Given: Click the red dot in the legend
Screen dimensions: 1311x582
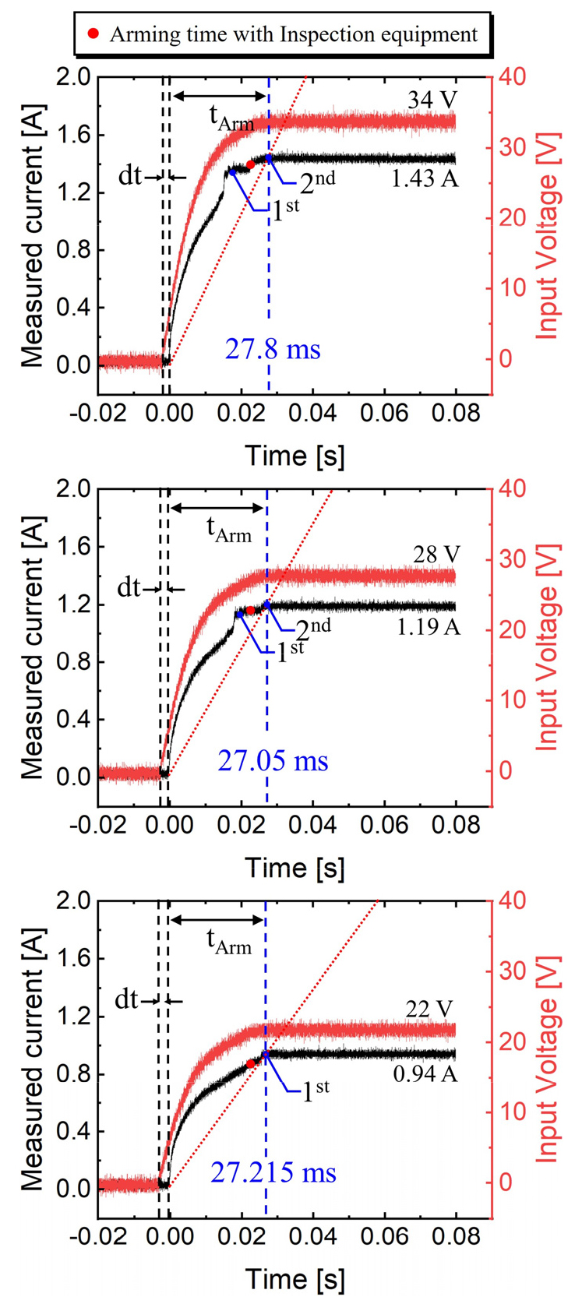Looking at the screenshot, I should coord(93,34).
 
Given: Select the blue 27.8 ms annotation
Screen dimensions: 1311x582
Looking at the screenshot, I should coord(273,349).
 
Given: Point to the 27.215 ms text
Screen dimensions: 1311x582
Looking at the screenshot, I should coord(273,1172).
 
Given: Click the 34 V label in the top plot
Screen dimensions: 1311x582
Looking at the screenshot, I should coord(432,100).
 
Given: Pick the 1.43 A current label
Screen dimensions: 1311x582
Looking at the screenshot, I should coord(425,179).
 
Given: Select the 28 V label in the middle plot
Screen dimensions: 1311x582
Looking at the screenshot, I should coord(436,555).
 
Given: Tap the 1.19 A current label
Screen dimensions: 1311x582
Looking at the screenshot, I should coord(428,626).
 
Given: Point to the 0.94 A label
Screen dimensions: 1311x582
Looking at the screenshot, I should coord(425,1075).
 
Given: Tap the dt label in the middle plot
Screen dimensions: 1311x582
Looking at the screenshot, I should coord(129,588).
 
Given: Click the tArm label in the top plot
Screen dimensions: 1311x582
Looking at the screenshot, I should coord(231,118).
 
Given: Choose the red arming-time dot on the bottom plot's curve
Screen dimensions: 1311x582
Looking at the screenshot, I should coord(251,1063).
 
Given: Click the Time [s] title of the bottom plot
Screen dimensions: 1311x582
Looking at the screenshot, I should coord(295,1279).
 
